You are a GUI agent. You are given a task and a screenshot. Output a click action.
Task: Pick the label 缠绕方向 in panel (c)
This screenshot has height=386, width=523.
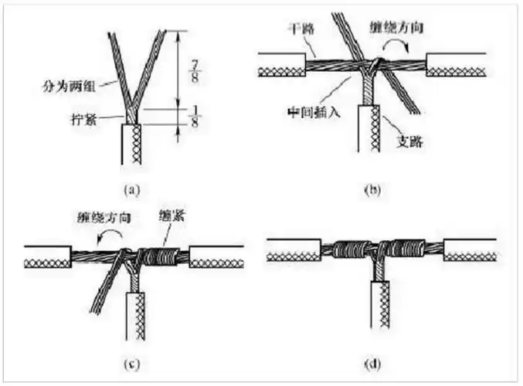click(100, 219)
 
